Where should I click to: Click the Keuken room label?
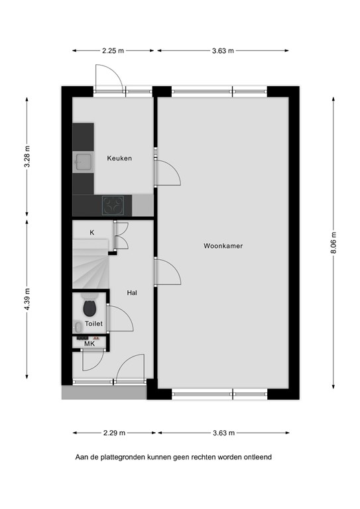119,158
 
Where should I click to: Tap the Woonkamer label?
223,246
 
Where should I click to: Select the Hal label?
132,293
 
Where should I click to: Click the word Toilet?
93,323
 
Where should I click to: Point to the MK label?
90,343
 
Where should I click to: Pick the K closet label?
92,233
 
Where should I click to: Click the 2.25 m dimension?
113,50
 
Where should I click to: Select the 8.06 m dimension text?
334,243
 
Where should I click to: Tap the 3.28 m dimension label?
27,156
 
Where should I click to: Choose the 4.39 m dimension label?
27,299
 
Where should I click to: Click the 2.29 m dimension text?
114,433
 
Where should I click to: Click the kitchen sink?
84,162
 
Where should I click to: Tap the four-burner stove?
113,205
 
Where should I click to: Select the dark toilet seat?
90,308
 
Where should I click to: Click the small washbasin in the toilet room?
78,327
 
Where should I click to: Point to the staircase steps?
91,264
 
